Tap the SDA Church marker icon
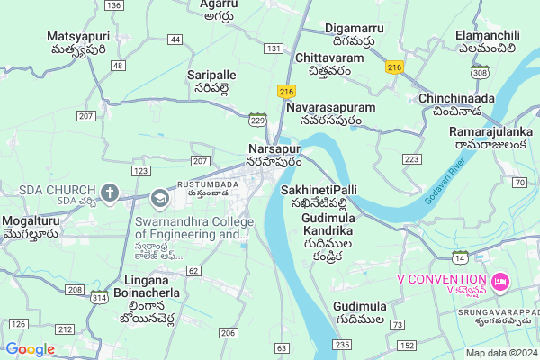click(x=110, y=192)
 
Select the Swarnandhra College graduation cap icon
click(x=160, y=198)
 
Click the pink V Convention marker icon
click(x=501, y=279)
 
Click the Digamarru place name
click(x=360, y=34)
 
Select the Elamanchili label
click(x=491, y=41)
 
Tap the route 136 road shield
click(x=113, y=5)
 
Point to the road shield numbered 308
click(x=480, y=72)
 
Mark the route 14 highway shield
click(x=460, y=256)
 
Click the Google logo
click(x=30, y=349)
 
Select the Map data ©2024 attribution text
click(x=500, y=353)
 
